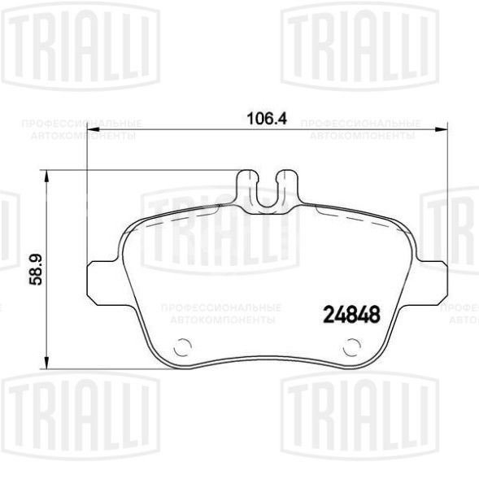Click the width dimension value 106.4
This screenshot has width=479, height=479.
click(267, 118)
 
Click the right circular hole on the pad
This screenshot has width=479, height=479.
click(351, 349)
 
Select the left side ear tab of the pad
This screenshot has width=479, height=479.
click(102, 277)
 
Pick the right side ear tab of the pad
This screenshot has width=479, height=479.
click(433, 277)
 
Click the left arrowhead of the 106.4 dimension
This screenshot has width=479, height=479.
click(90, 128)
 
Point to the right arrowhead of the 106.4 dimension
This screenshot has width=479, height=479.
click(443, 128)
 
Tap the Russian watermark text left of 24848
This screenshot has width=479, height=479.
click(222, 314)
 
